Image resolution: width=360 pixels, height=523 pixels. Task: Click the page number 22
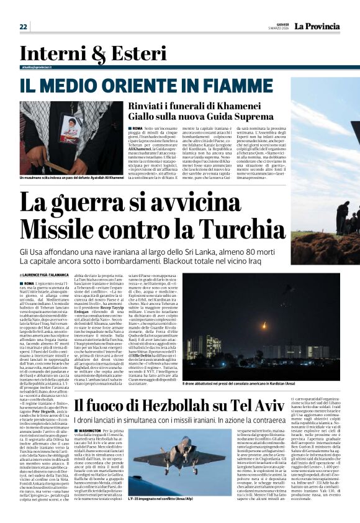24,26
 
